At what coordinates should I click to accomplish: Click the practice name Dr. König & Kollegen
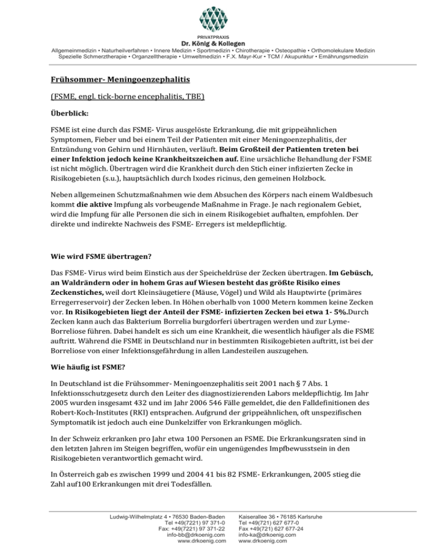(213, 44)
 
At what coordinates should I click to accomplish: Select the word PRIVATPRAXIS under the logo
(213, 37)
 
